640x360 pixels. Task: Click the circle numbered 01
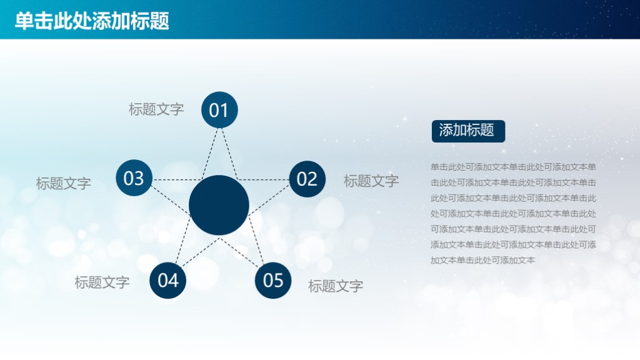pos(219,110)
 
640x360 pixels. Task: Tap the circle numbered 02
pos(307,179)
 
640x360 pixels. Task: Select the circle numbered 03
pos(134,178)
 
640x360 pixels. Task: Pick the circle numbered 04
pos(168,280)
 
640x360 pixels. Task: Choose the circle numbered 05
pos(273,280)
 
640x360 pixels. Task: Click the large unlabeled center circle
pos(219,205)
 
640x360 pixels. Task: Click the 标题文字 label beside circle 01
pos(156,109)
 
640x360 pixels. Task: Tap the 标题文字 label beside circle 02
pos(371,181)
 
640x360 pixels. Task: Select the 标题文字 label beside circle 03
pos(63,184)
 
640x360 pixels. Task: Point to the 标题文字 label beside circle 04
pos(102,282)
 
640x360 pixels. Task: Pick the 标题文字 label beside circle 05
pos(336,287)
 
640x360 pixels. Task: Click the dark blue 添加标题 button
pos(467,131)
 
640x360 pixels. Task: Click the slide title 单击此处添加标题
pos(92,21)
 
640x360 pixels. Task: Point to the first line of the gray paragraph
pos(513,167)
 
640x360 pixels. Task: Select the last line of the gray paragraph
pos(482,260)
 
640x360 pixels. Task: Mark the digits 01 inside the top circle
pos(219,111)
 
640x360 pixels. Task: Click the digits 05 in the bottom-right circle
pos(273,281)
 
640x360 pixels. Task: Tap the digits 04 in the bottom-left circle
pos(168,281)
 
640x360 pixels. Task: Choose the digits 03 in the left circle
pos(134,179)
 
